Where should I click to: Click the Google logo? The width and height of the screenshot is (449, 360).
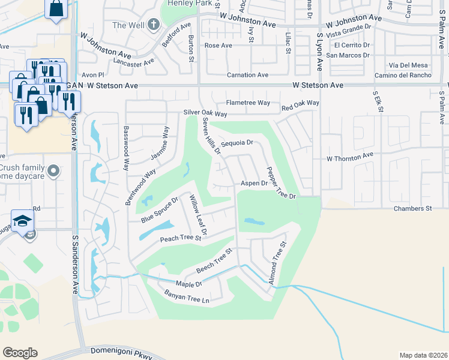(x=20, y=353)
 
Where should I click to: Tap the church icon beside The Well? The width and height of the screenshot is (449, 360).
(x=154, y=25)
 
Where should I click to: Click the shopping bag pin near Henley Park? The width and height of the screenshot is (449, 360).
(x=56, y=9)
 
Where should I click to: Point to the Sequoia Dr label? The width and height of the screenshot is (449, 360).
(x=237, y=144)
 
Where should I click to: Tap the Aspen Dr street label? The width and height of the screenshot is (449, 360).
(x=253, y=183)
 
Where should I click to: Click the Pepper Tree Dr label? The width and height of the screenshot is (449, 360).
(x=280, y=182)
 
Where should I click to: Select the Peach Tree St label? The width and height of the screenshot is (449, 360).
(x=179, y=239)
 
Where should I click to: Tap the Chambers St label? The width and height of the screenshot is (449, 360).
(x=413, y=208)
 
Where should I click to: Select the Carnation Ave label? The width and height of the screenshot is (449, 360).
(x=247, y=75)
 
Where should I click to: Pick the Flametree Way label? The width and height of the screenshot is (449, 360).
(x=248, y=103)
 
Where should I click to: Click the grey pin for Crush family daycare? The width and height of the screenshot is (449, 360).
(x=53, y=172)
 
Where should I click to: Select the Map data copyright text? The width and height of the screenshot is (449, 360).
(x=423, y=355)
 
